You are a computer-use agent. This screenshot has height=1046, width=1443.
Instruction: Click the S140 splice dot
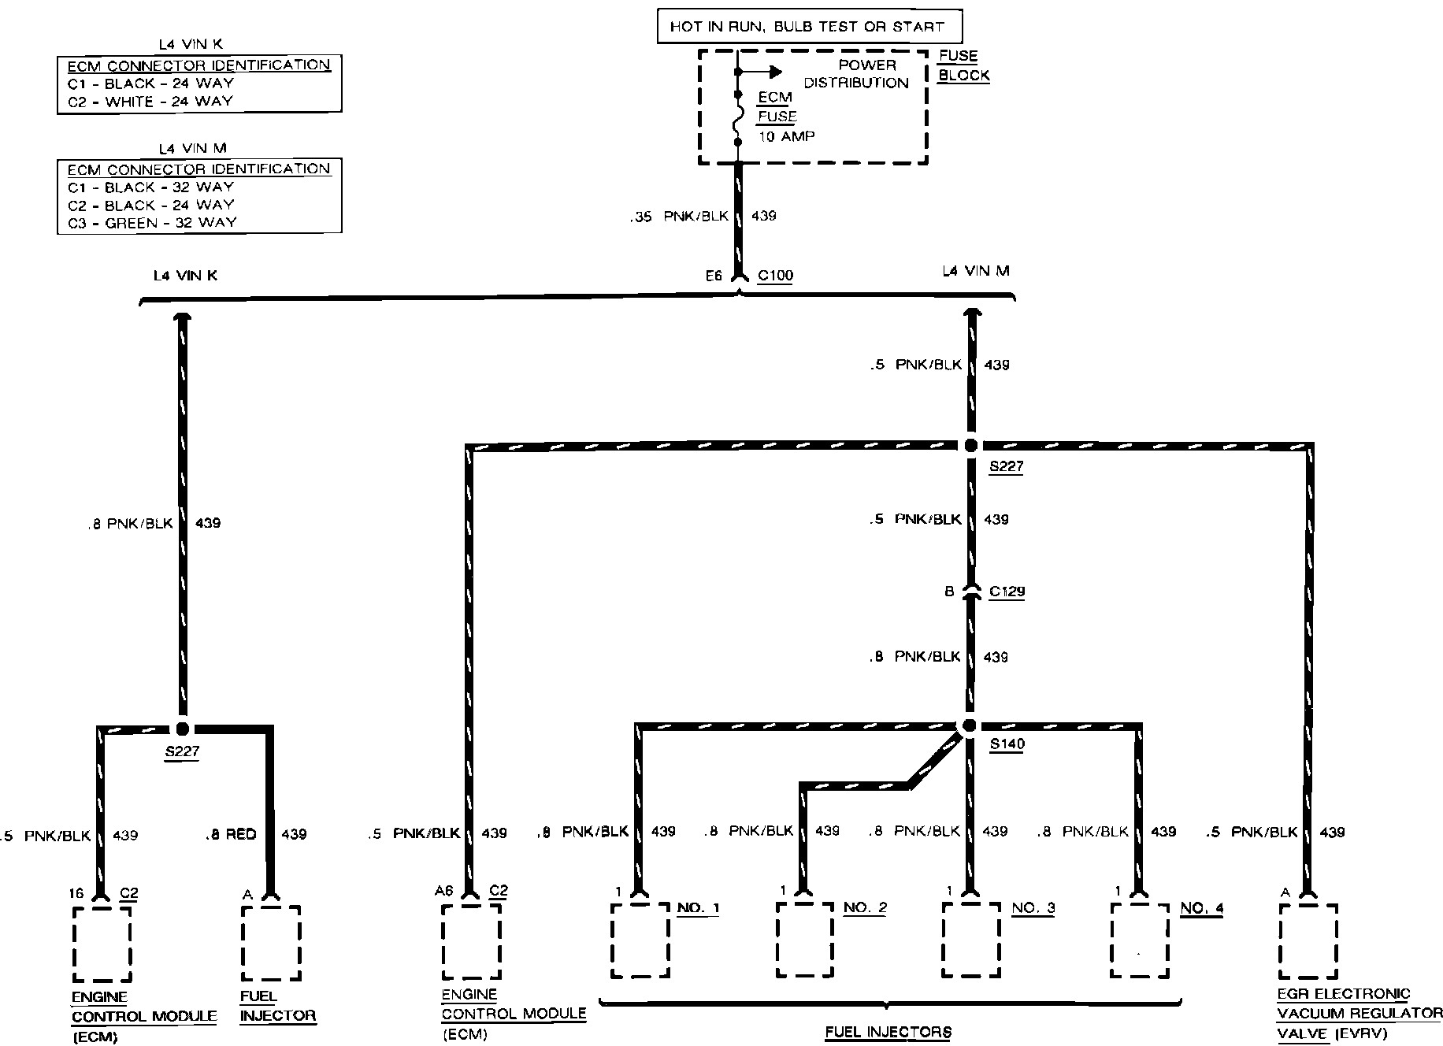click(970, 725)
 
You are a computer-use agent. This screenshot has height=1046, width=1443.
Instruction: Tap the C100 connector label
click(775, 276)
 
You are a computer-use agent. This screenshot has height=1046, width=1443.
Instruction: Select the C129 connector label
click(1007, 592)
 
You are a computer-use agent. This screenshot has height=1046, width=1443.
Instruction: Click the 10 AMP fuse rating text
click(786, 137)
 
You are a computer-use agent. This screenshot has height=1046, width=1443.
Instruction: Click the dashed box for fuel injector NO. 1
click(640, 940)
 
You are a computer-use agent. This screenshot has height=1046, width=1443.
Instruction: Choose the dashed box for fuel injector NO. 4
click(1139, 940)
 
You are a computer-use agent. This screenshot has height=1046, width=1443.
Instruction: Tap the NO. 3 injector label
click(1033, 908)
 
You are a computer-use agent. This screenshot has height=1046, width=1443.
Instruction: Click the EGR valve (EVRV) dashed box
click(1308, 940)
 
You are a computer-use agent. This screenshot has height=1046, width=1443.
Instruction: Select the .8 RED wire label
click(230, 835)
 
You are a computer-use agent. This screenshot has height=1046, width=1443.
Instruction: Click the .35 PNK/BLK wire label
click(679, 217)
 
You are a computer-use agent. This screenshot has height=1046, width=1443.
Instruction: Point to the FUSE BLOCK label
click(963, 66)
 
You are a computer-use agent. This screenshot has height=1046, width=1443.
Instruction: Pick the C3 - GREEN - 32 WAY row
click(151, 223)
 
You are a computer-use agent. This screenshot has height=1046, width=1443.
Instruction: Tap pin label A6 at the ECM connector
click(443, 891)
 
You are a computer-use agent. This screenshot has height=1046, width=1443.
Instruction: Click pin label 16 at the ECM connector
click(76, 894)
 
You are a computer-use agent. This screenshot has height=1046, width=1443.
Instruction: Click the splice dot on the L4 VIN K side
click(183, 729)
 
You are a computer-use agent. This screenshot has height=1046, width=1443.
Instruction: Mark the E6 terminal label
click(714, 276)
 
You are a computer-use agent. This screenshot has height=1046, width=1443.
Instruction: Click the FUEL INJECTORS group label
click(888, 1033)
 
